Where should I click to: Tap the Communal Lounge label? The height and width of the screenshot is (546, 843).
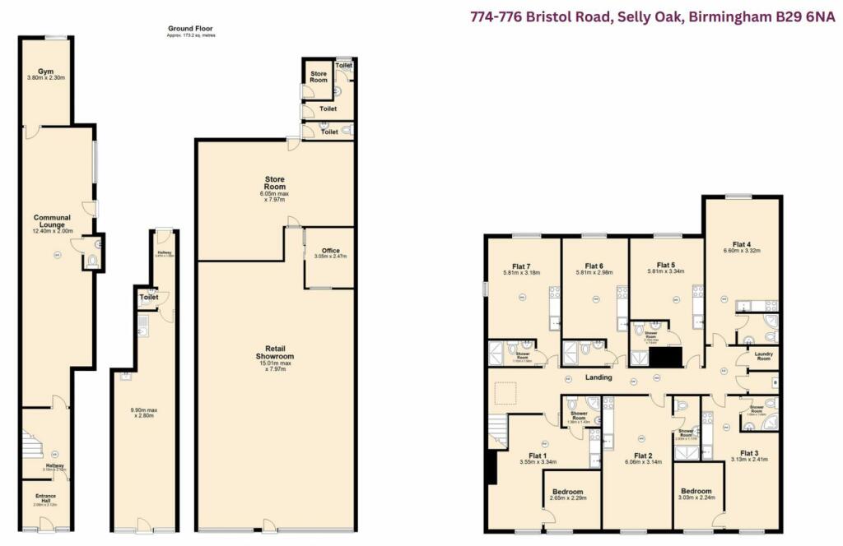pos(52,218)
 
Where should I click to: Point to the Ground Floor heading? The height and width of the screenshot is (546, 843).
pos(189,29)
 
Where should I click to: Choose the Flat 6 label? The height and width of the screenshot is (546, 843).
pos(589,266)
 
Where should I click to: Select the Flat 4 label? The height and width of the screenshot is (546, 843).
pos(741,244)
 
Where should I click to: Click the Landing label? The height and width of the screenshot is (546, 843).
pos(598,377)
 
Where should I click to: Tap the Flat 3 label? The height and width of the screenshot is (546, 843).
pos(748,453)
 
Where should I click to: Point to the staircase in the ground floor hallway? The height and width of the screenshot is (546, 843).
pos(33,447)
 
